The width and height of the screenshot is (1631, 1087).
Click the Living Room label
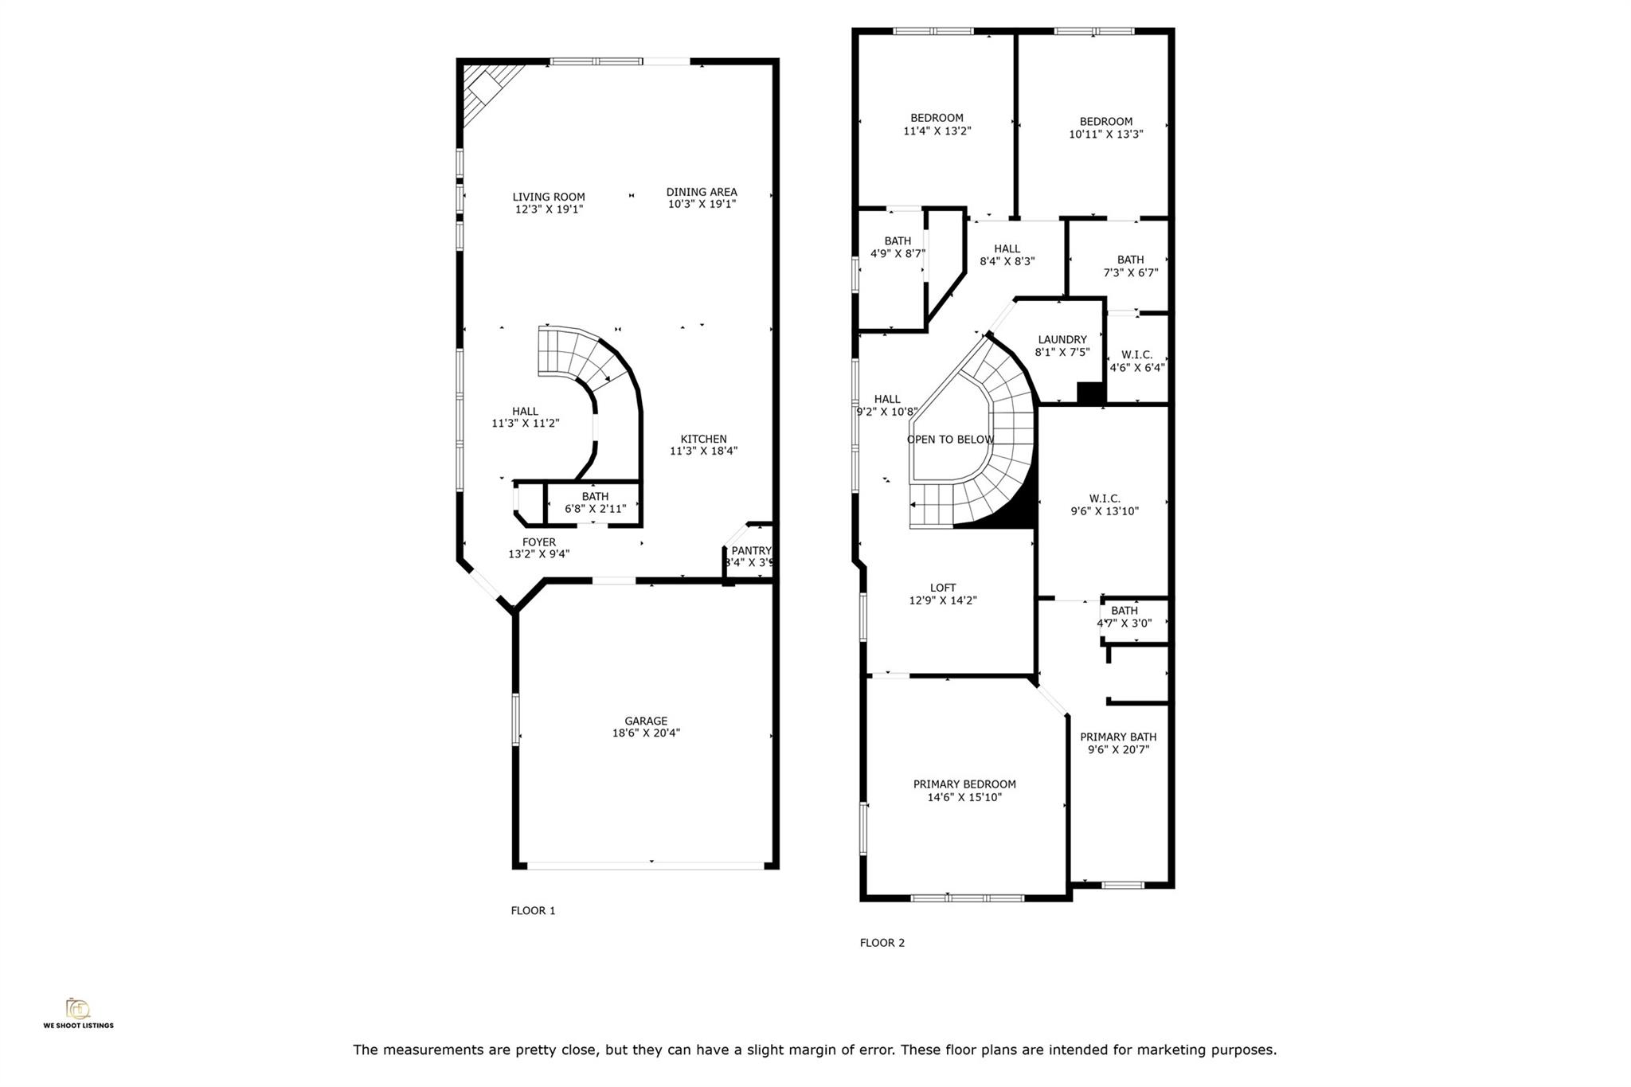point(548,197)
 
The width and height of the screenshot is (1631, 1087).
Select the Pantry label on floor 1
point(751,551)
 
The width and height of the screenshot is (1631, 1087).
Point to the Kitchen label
point(703,439)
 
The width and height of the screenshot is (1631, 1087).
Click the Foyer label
point(538,542)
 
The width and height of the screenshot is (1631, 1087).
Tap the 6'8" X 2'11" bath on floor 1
point(595,502)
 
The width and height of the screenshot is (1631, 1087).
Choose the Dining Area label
point(701,192)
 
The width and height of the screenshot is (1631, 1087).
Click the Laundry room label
point(1062,339)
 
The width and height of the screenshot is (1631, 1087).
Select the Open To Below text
point(950,440)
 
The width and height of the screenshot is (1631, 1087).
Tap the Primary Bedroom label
point(964,784)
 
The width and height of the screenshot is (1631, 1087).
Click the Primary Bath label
point(1117,737)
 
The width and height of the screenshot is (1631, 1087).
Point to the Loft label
point(942,588)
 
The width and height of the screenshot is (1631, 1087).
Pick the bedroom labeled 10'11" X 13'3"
point(1105,127)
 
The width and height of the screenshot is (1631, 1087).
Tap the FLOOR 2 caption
point(882,943)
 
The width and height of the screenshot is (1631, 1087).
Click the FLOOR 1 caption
point(533,911)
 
